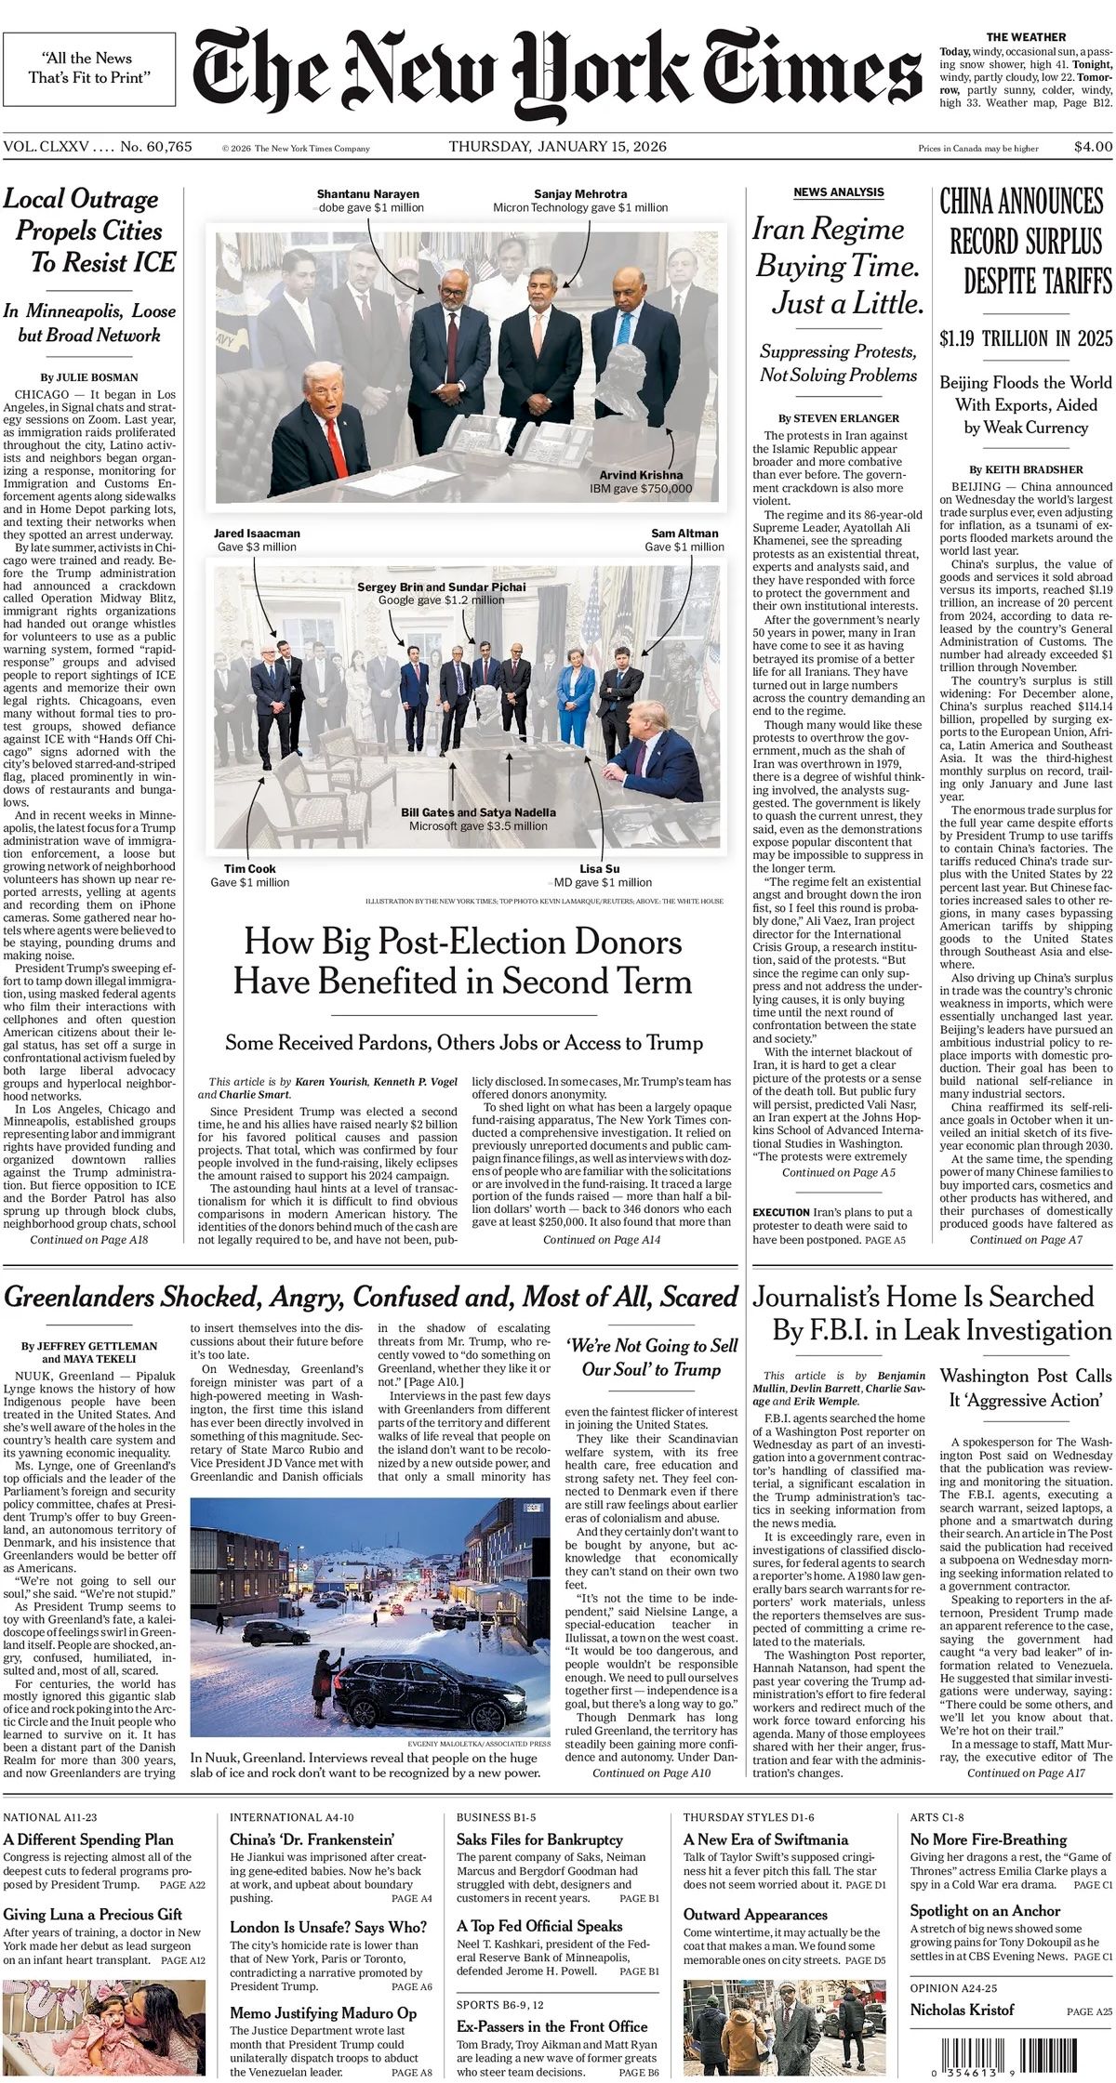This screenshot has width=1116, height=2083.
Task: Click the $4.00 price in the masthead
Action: click(x=1092, y=147)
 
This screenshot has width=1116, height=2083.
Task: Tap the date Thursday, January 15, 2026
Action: click(x=557, y=147)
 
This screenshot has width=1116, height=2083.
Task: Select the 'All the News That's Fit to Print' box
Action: click(x=89, y=68)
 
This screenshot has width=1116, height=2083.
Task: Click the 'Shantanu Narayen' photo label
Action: click(x=367, y=194)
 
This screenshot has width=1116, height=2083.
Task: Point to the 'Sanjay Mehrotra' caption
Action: click(x=580, y=194)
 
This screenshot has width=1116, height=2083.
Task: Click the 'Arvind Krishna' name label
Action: click(x=640, y=475)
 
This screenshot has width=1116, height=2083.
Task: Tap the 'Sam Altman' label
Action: click(x=684, y=534)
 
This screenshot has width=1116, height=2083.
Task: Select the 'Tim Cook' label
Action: click(x=249, y=869)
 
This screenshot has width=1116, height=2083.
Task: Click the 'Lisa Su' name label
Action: click(x=599, y=869)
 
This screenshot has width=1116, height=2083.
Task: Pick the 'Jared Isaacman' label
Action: click(x=257, y=534)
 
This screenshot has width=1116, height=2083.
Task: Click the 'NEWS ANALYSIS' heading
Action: click(x=838, y=192)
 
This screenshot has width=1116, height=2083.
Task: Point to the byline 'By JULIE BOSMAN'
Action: click(x=88, y=377)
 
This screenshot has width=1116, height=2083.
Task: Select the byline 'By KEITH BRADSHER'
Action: click(x=1026, y=469)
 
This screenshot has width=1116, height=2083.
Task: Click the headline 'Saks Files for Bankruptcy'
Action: click(x=538, y=1839)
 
